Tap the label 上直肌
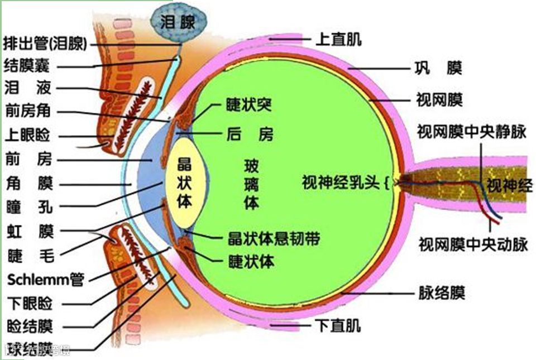click(338, 39)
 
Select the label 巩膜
click(438, 69)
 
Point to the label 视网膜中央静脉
click(472, 132)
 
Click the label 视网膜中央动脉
click(473, 244)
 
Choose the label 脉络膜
click(442, 292)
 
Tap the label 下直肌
click(338, 325)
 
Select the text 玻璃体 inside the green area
click(251, 184)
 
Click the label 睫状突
click(248, 104)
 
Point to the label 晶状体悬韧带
click(274, 238)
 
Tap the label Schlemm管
click(45, 279)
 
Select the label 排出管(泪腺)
click(45, 44)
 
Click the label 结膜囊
click(26, 65)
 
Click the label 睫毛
click(30, 256)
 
